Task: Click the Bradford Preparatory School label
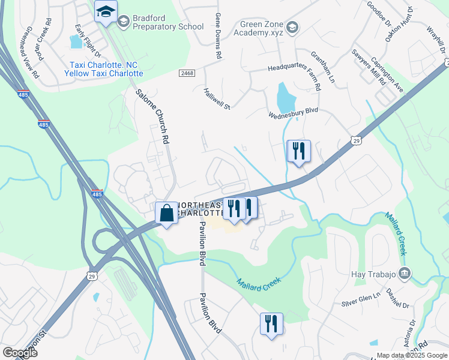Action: (160, 23)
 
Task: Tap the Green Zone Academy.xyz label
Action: (253, 29)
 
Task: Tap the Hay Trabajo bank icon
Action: (405, 274)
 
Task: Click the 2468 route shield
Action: (186, 73)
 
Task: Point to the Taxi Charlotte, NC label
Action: (103, 65)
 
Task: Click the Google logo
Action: (19, 352)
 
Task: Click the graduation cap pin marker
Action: (106, 13)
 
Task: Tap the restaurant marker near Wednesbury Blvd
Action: (298, 151)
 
